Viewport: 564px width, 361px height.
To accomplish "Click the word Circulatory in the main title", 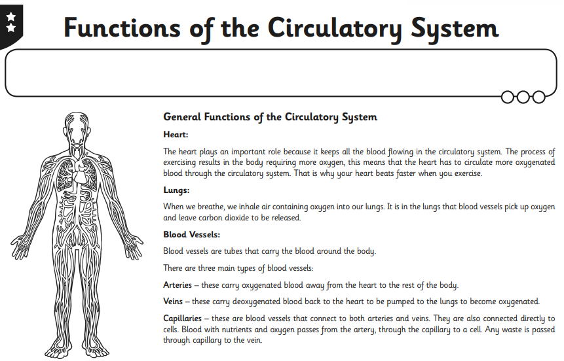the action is (x=335, y=28).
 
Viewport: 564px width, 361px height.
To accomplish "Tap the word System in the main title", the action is (x=455, y=28).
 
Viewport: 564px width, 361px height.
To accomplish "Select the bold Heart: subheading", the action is (x=176, y=134).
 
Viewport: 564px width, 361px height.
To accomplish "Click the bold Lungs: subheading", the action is (x=176, y=190).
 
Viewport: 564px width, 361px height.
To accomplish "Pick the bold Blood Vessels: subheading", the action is (x=191, y=234).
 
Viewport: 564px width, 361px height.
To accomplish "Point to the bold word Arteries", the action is (x=178, y=285).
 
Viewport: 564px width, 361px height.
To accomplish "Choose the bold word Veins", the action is (x=173, y=301).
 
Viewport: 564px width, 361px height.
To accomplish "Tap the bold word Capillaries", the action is (x=182, y=318).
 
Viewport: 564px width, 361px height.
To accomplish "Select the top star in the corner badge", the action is (x=10, y=16).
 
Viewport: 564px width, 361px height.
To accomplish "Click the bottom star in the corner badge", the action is (x=10, y=27).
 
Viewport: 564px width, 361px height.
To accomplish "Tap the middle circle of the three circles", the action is (x=523, y=97).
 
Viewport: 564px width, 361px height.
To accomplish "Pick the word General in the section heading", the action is (x=182, y=117).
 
